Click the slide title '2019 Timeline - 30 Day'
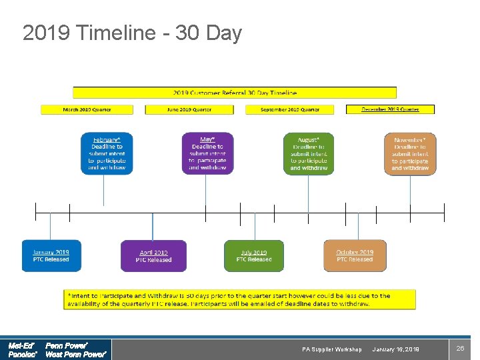(x=132, y=33)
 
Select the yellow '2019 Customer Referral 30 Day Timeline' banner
(x=235, y=93)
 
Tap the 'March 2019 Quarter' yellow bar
(x=87, y=109)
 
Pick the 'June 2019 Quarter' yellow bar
(x=188, y=109)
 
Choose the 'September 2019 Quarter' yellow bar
(x=290, y=109)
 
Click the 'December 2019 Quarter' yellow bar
(x=390, y=109)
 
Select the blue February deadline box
(x=107, y=153)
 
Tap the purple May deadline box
(x=207, y=153)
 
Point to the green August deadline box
(x=309, y=153)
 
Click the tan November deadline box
(x=410, y=153)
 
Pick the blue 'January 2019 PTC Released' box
(x=51, y=256)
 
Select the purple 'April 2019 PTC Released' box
(x=153, y=256)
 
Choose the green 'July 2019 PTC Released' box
(x=254, y=256)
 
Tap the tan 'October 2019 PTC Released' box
(x=355, y=256)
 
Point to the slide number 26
(x=459, y=349)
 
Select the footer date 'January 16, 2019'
(x=395, y=349)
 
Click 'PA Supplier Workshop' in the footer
(x=332, y=349)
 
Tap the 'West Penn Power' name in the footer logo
(x=75, y=355)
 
